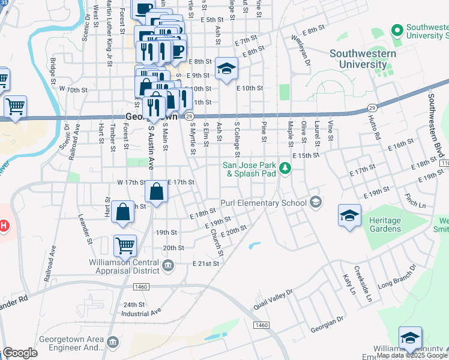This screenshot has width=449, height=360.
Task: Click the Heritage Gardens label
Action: click(x=385, y=225)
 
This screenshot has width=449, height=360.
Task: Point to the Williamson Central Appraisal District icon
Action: click(x=168, y=265)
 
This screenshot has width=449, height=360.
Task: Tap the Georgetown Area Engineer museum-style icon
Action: click(x=112, y=342)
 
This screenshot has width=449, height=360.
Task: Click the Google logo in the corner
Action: click(x=20, y=353)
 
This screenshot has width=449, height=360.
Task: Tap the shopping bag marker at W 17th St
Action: click(x=157, y=192)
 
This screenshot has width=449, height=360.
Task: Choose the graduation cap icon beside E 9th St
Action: click(x=226, y=69)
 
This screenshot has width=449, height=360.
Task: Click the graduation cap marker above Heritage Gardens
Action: click(x=349, y=215)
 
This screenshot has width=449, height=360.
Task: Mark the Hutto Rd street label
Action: click(x=378, y=129)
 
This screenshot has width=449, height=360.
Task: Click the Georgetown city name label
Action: click(x=152, y=117)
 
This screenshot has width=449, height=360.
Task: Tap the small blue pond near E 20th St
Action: click(x=254, y=245)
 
